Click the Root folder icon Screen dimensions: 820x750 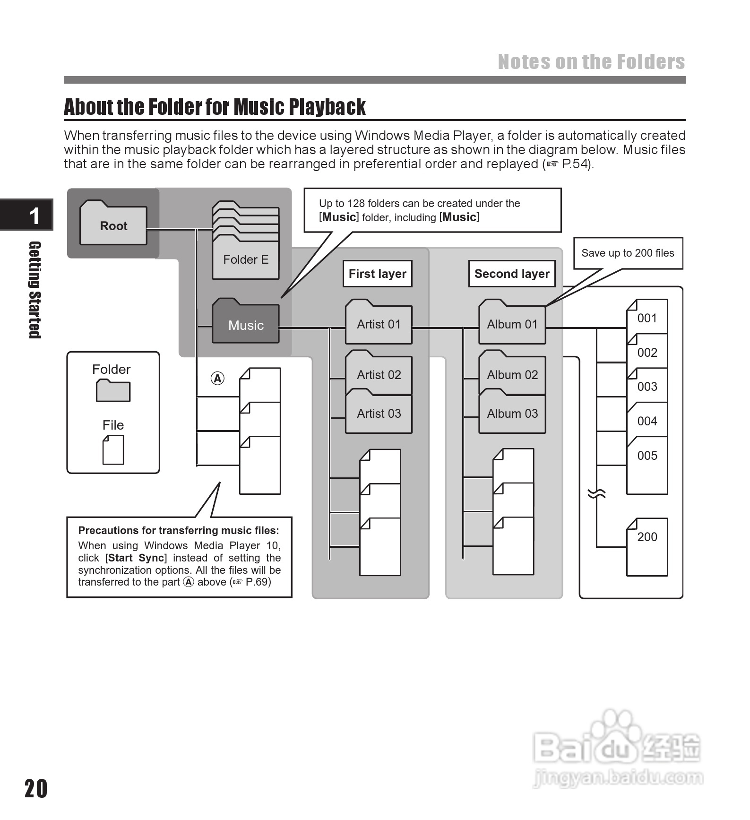coord(113,224)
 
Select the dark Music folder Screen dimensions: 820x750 coord(246,324)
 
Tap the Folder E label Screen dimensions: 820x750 coord(246,259)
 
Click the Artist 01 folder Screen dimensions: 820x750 coord(379,324)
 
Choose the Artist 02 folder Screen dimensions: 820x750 coord(379,374)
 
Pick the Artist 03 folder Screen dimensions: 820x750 coord(379,413)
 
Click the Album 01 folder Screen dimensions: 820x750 coord(512,324)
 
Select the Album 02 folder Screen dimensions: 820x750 coord(512,374)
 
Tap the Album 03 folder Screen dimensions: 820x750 coord(512,413)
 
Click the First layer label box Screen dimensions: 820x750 coord(377,274)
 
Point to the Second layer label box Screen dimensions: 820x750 coord(512,274)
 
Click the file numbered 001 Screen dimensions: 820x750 coord(647,318)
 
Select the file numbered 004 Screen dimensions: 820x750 coord(647,421)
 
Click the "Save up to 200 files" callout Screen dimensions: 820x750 coord(628,253)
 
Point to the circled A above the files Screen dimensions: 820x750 coord(217,378)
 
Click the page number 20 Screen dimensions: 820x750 coord(36,788)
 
